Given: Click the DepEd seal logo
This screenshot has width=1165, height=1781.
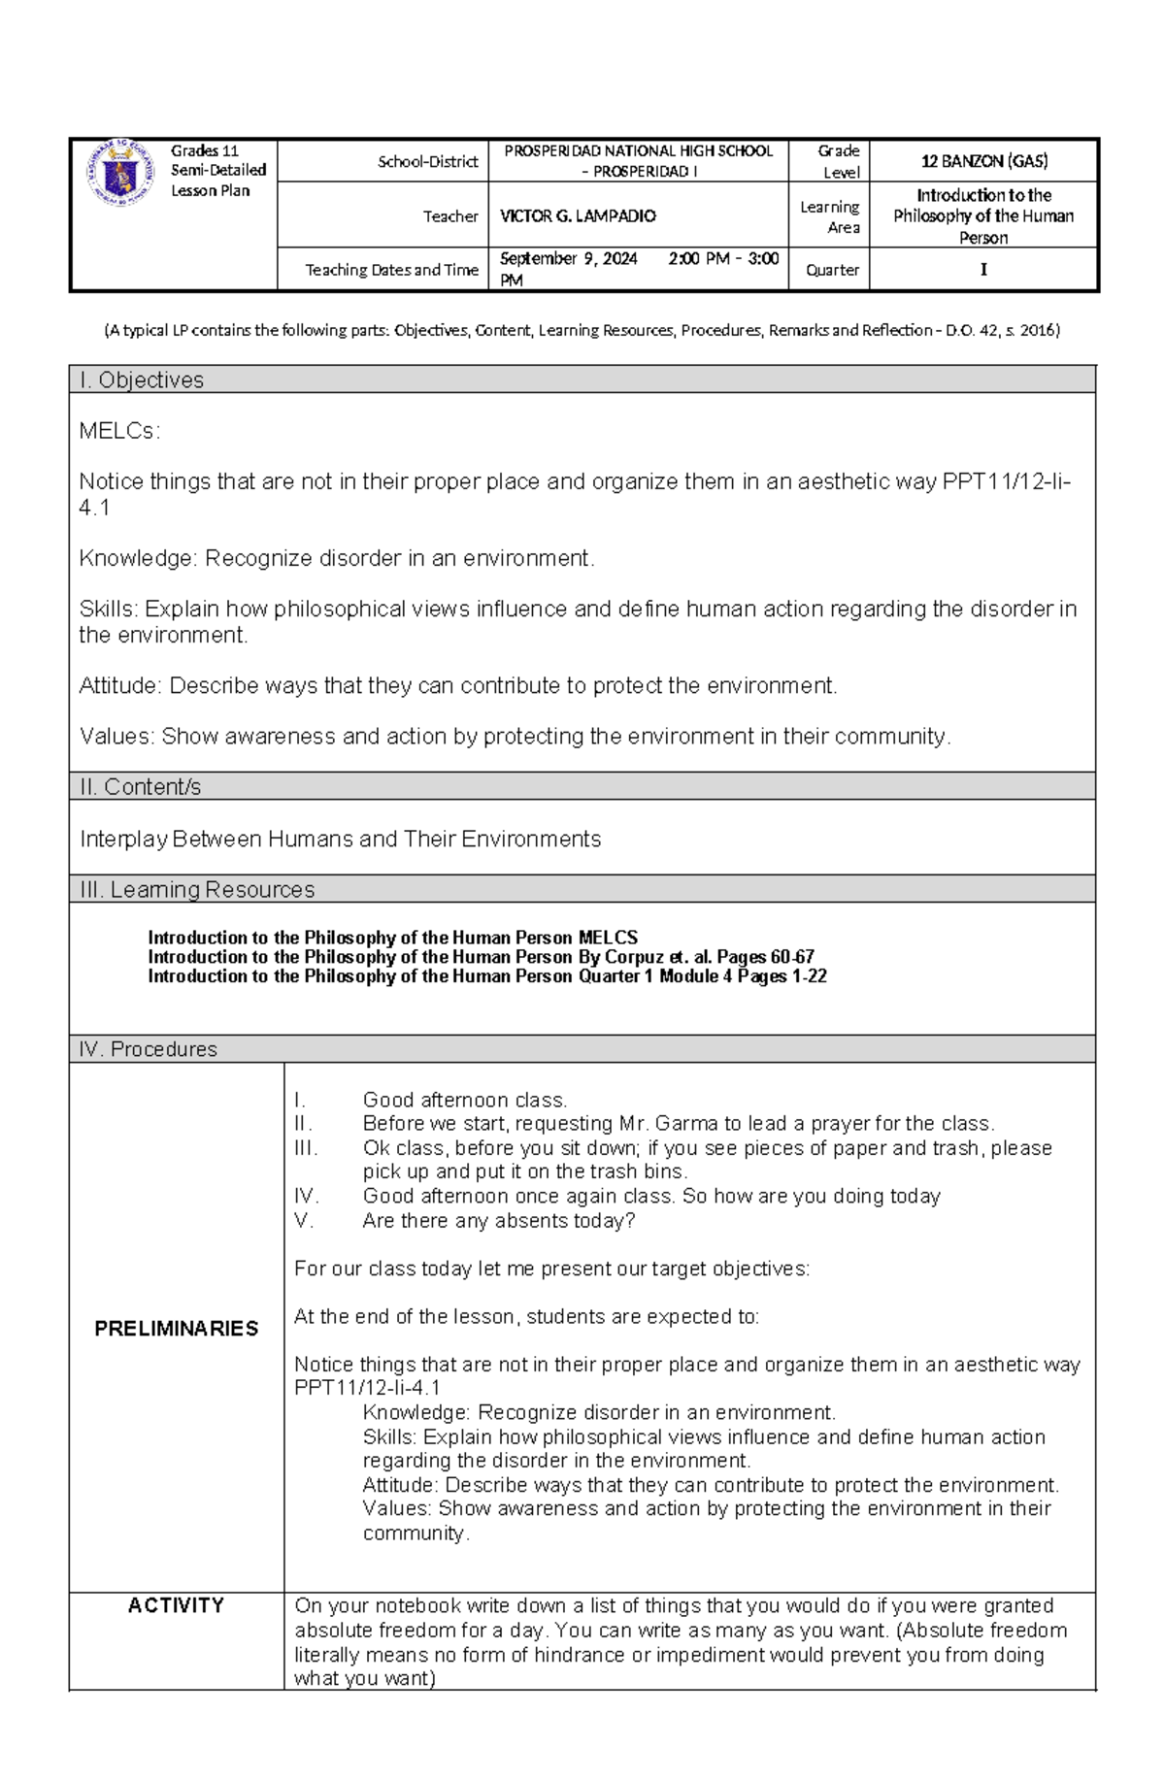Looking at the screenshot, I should click(x=119, y=172).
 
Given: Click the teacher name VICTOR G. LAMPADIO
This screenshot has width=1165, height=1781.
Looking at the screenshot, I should click(x=578, y=216).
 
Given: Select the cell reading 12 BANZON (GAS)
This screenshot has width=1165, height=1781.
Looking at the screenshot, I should click(x=983, y=161).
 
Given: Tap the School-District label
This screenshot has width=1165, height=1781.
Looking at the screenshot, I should click(x=427, y=162).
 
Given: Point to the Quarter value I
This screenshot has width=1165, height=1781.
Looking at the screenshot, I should click(x=983, y=270).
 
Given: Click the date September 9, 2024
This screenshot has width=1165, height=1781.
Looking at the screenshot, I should click(x=568, y=259).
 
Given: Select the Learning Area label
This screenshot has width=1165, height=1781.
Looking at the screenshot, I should click(x=830, y=216).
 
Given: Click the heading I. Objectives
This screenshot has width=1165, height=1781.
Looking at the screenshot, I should click(x=142, y=380).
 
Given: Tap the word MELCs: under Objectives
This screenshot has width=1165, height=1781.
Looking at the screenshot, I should click(x=118, y=431).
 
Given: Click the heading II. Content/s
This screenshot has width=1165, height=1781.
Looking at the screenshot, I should click(x=141, y=787).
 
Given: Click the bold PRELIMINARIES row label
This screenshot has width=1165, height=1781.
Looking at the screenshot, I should click(x=176, y=1329).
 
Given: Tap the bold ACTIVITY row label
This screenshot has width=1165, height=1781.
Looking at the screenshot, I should click(x=176, y=1605).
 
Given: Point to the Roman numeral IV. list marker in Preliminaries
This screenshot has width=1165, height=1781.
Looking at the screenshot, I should click(x=306, y=1197).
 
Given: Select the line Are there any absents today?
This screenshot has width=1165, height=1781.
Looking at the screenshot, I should click(x=498, y=1221).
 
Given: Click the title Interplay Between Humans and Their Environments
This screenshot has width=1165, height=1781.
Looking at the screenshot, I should click(x=340, y=840).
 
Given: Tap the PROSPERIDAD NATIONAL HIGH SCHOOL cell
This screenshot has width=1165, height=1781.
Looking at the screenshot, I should click(x=638, y=161).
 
